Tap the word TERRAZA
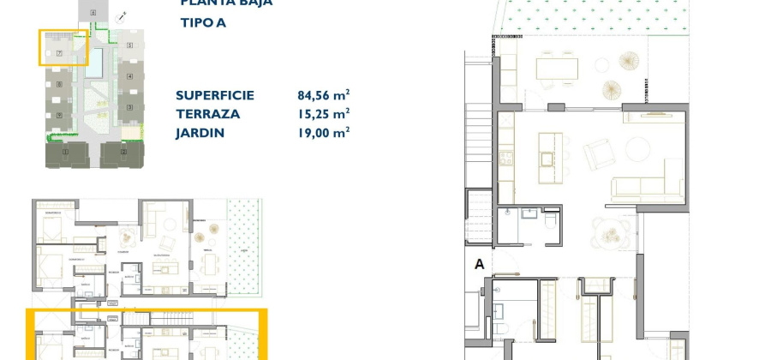pyautogui.click(x=207, y=114)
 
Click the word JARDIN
pyautogui.click(x=200, y=133)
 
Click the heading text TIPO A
pyautogui.click(x=203, y=23)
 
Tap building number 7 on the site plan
pyautogui.click(x=59, y=53)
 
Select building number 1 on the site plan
pyautogui.click(x=66, y=152)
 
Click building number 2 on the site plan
pyautogui.click(x=123, y=152)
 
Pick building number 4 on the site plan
pyautogui.click(x=129, y=76)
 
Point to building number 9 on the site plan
pyautogui.click(x=59, y=114)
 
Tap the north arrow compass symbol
pyautogui.click(x=123, y=15)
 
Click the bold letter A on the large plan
pyautogui.click(x=479, y=265)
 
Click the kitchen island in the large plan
pyautogui.click(x=549, y=157)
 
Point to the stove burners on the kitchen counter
pyautogui.click(x=505, y=157)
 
